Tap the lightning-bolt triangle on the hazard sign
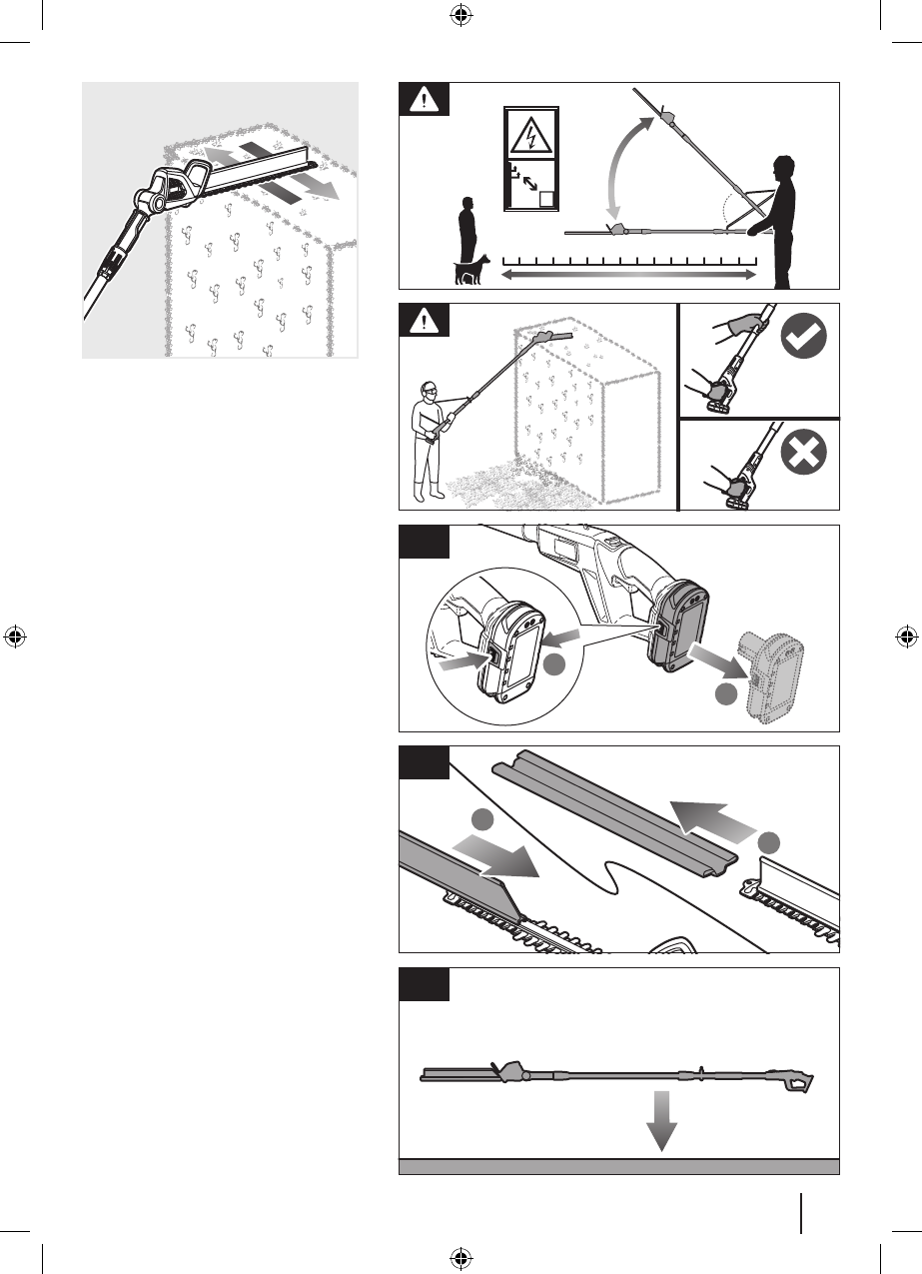530,136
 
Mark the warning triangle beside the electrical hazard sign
424,101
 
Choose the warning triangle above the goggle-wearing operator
424,322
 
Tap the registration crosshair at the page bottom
461,1257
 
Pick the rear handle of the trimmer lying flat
797,1083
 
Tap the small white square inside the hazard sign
545,197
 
